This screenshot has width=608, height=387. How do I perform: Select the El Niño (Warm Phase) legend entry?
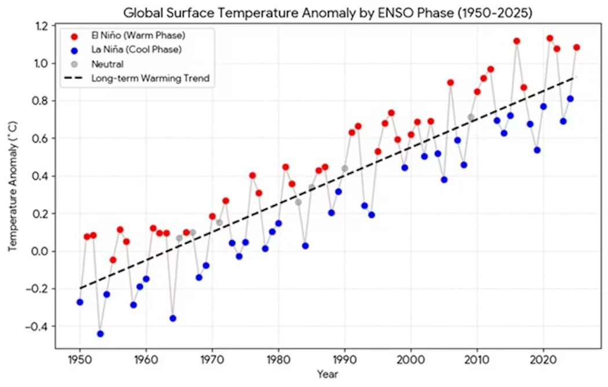137,36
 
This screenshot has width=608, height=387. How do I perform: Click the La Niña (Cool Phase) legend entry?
137,50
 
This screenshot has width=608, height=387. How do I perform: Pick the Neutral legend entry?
108,64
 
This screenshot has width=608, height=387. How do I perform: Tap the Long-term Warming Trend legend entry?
149,78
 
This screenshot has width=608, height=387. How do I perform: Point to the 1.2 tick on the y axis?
43,26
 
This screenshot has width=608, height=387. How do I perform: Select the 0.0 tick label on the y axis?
43,251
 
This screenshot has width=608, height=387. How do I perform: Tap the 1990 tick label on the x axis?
345,359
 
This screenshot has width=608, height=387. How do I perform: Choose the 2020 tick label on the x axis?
543,359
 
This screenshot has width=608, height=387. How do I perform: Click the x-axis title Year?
328,374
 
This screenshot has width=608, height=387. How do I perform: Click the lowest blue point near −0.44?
100,334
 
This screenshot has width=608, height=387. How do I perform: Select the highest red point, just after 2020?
550,38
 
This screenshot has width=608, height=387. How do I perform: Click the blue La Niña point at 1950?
80,302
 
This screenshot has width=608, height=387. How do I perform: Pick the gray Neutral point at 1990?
345,169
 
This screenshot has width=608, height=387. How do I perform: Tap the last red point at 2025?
576,48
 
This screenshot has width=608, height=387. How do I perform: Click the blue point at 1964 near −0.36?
173,318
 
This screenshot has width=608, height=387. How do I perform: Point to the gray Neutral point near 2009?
471,117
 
